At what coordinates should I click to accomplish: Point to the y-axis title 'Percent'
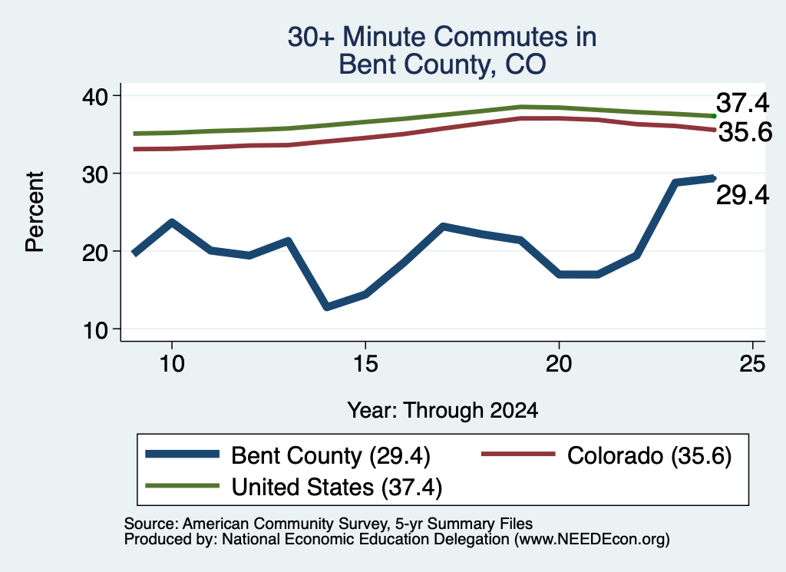pos(35,212)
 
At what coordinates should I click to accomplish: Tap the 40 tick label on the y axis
pos(94,96)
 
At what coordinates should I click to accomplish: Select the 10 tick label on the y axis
pos(94,330)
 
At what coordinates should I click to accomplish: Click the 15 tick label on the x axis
pos(365,363)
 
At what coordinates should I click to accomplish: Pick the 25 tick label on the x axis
pos(752,363)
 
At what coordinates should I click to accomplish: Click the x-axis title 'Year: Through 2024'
pos(443,410)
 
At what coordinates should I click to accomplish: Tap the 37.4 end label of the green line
pos(742,103)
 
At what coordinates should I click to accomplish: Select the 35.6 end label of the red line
pos(745,132)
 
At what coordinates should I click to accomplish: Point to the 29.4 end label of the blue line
pos(742,194)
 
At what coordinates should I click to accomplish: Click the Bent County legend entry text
pos(331,456)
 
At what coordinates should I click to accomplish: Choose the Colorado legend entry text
pos(649,456)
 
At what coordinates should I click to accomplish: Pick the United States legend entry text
pos(337,487)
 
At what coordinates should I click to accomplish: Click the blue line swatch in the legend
pos(183,455)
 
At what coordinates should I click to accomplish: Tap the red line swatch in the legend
pos(518,455)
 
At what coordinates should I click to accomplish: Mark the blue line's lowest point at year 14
pos(327,306)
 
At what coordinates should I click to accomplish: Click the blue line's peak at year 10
pos(172,222)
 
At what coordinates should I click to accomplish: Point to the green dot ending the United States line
pos(714,116)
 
